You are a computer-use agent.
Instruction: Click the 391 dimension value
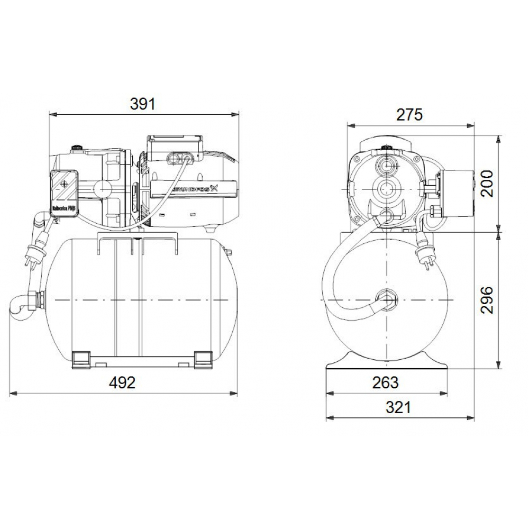pyautogui.click(x=143, y=104)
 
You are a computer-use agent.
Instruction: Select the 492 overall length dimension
pyautogui.click(x=123, y=382)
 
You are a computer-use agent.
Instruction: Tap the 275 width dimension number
pyautogui.click(x=410, y=114)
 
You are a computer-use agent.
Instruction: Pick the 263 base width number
pyautogui.click(x=385, y=382)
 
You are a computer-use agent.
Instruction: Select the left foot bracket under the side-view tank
pyautogui.click(x=80, y=358)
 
